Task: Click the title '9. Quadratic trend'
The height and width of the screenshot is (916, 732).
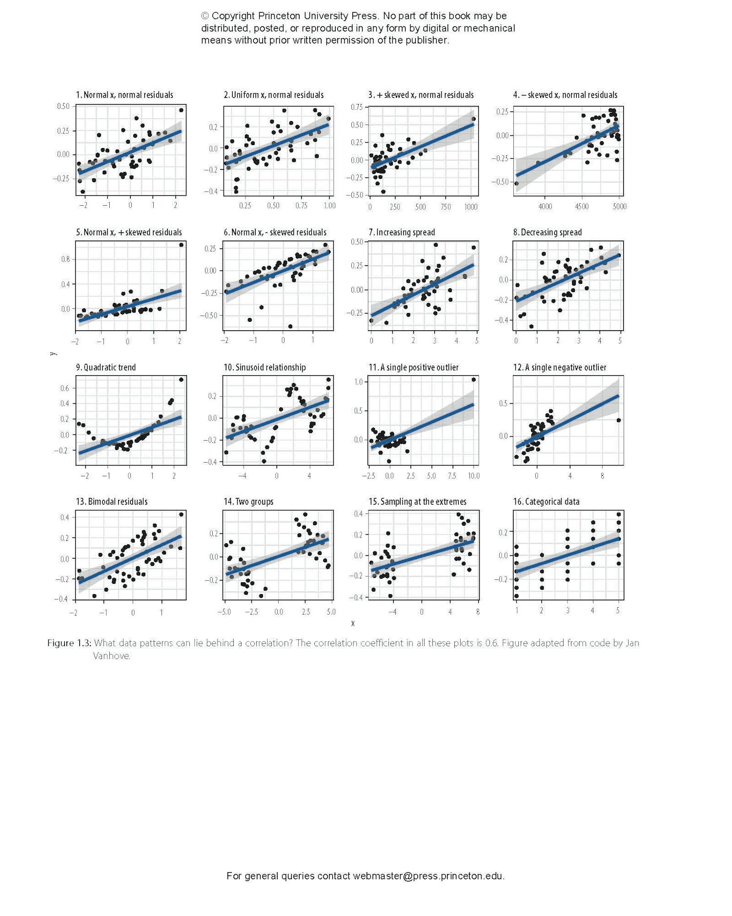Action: coord(106,367)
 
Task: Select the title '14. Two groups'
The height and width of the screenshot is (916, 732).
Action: coord(248,502)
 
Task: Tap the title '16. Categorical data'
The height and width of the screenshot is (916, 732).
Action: coord(546,502)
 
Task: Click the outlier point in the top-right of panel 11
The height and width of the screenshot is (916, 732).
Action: coord(473,380)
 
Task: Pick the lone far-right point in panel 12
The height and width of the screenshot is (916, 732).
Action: coord(619,420)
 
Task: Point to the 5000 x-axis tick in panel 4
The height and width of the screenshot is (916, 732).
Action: coord(619,207)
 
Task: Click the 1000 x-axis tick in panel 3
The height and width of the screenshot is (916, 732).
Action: coord(471,207)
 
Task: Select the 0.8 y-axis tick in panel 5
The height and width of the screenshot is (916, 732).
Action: coord(65,259)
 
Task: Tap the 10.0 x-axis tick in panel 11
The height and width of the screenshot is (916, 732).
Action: coord(473,476)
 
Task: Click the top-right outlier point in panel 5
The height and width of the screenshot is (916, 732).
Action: coord(181,245)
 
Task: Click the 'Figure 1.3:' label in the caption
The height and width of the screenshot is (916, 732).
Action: coord(69,643)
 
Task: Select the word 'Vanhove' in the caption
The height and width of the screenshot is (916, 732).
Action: coord(111,656)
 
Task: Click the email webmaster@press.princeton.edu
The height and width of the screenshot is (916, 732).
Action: coord(428,876)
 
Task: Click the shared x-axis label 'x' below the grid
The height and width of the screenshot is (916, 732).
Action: coord(353,623)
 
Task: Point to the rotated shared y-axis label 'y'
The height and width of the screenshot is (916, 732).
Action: coord(53,354)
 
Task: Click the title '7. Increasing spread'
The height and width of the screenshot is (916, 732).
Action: coord(402,233)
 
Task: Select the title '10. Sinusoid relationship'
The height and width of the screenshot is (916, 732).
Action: coord(264,367)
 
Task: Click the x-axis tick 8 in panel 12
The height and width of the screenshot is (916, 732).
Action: coord(602,476)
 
